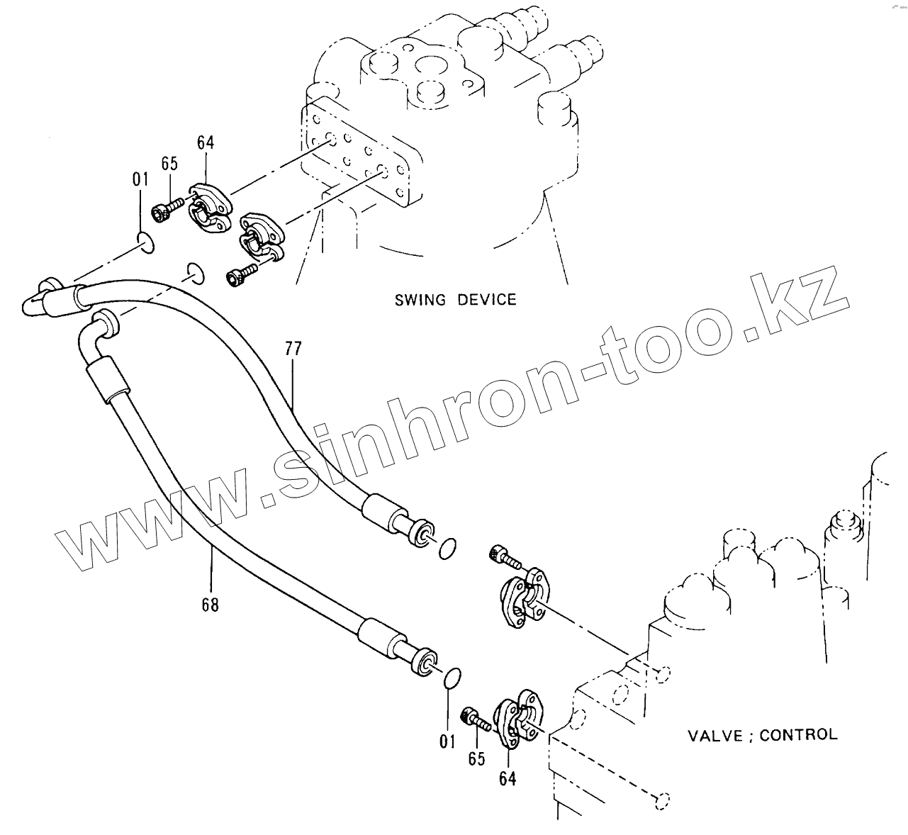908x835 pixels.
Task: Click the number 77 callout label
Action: click(x=293, y=349)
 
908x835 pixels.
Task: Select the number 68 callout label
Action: click(x=210, y=605)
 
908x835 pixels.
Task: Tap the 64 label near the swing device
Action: click(x=206, y=142)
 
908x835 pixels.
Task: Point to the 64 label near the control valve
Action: click(x=507, y=778)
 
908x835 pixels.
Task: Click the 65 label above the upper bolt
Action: click(x=169, y=164)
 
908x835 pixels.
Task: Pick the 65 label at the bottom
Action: click(x=476, y=759)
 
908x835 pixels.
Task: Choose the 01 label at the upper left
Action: click(x=140, y=179)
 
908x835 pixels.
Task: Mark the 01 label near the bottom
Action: click(x=447, y=741)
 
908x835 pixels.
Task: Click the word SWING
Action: click(x=420, y=299)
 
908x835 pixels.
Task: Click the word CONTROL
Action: click(x=798, y=735)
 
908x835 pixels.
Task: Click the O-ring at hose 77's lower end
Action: click(x=447, y=547)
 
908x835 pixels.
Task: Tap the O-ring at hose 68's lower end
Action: click(x=452, y=678)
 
